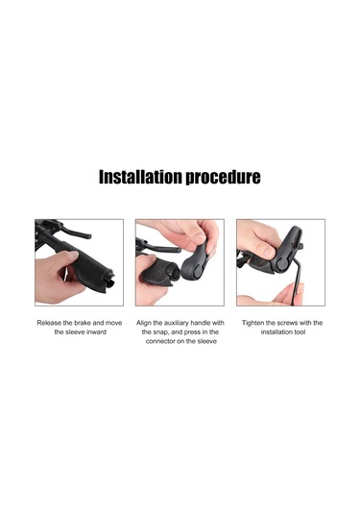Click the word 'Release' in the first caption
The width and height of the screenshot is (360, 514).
pos(50,323)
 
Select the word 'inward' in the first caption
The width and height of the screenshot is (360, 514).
pos(93,332)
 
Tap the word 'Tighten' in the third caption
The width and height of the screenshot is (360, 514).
pos(253,323)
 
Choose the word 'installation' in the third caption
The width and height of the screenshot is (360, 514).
pos(276,332)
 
